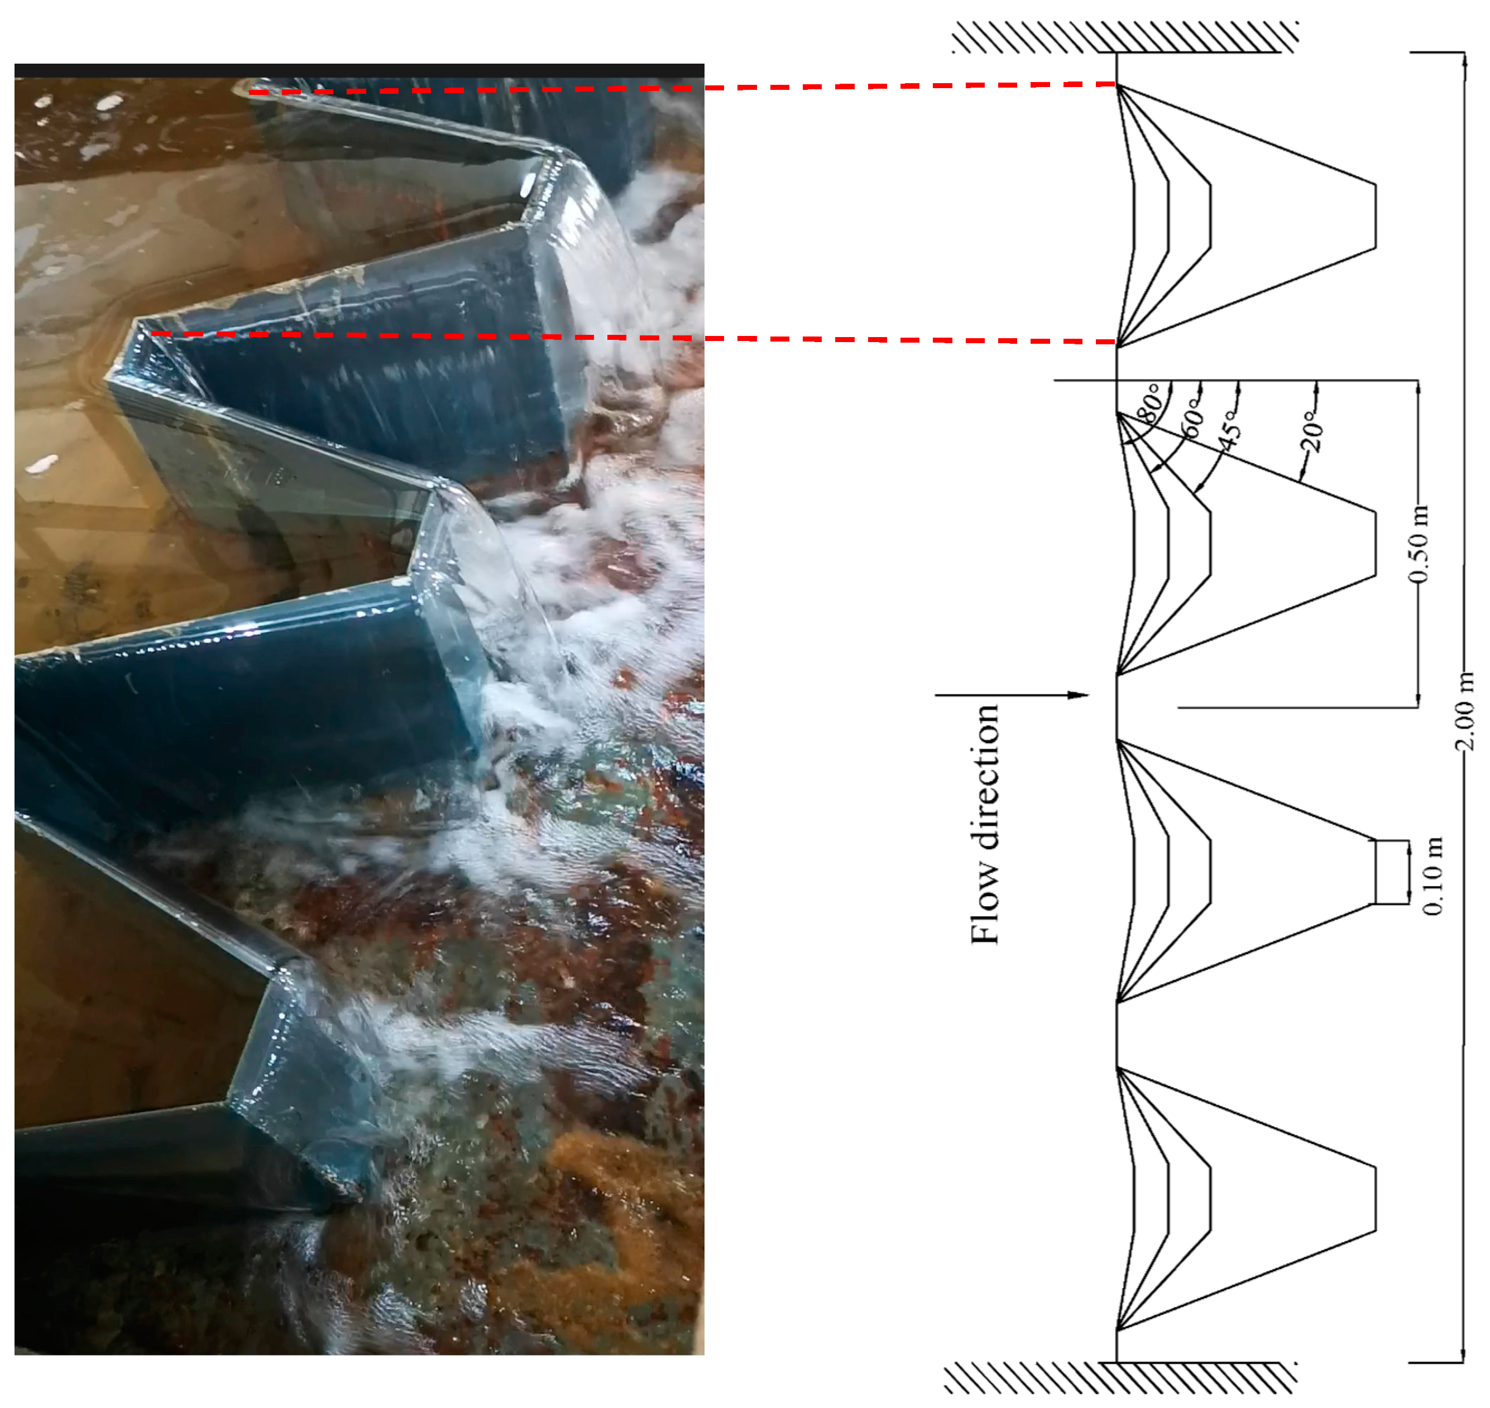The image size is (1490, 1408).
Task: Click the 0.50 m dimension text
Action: click(x=1418, y=545)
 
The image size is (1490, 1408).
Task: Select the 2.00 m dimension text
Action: click(x=1464, y=712)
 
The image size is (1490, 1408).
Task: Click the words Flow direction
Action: click(x=985, y=824)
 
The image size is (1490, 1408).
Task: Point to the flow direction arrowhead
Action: click(x=1078, y=695)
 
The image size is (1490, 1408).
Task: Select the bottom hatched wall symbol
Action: click(x=1120, y=1378)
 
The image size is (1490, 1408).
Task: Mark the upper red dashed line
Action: click(x=682, y=88)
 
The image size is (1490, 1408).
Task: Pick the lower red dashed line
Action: click(x=634, y=337)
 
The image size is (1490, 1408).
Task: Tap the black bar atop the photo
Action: click(x=359, y=70)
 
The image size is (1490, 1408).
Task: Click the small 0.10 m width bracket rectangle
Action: click(x=1391, y=871)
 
